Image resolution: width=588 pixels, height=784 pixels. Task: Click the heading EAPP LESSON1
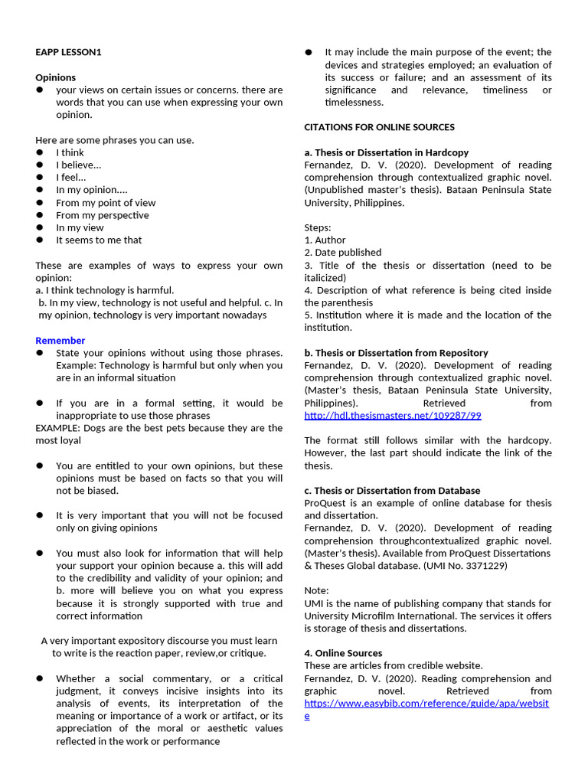68,52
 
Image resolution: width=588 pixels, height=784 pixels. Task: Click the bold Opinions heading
55,77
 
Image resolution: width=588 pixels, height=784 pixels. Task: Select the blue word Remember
60,340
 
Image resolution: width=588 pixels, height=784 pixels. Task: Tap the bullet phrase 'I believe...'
78,165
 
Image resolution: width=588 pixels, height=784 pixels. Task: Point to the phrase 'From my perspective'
102,215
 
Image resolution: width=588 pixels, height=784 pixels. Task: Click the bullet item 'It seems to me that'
99,240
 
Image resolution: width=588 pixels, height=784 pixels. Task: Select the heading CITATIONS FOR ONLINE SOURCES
379,127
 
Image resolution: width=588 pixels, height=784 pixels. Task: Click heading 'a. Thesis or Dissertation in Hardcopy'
386,152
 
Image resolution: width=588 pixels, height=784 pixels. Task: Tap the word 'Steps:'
318,227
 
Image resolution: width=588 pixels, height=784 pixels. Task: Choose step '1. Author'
325,240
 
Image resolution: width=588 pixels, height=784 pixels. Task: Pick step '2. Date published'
342,252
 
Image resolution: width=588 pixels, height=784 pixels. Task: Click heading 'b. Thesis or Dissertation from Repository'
396,352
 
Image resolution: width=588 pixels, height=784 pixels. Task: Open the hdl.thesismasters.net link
392,415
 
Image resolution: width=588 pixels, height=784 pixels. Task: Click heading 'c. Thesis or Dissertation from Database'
392,490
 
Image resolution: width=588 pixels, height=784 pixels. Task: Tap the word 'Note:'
316,590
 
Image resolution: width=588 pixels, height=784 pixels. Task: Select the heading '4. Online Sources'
343,653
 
